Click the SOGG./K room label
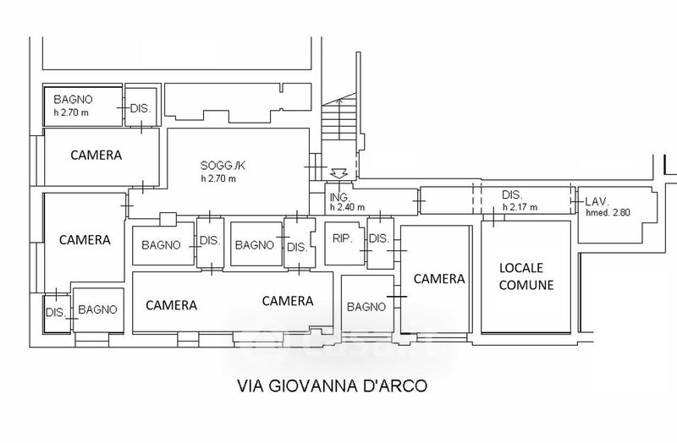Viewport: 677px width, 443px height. tap(223, 165)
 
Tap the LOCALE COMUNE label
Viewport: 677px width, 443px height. tap(526, 276)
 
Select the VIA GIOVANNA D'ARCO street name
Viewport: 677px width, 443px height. tap(333, 386)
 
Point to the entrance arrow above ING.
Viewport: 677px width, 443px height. tap(339, 173)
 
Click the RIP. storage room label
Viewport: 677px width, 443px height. tap(343, 238)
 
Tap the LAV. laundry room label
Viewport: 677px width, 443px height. tap(597, 201)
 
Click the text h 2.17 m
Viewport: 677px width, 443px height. tap(520, 207)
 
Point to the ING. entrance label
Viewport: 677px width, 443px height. tap(340, 198)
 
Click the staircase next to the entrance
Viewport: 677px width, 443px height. tap(339, 118)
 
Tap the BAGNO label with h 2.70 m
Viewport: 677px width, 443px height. tap(73, 100)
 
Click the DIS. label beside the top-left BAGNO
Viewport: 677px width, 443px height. tap(140, 108)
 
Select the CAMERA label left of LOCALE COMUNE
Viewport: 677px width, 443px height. tap(439, 279)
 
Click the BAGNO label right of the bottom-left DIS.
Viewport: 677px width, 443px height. tap(97, 309)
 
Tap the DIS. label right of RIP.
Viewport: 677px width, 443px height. tap(379, 238)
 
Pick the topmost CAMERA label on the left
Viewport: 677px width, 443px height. tap(96, 156)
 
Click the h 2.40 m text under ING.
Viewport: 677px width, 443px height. tap(347, 207)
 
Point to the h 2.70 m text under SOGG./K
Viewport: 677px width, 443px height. tap(218, 178)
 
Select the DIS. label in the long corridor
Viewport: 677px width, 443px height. tap(512, 195)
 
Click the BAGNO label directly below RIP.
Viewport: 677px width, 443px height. tap(366, 307)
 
